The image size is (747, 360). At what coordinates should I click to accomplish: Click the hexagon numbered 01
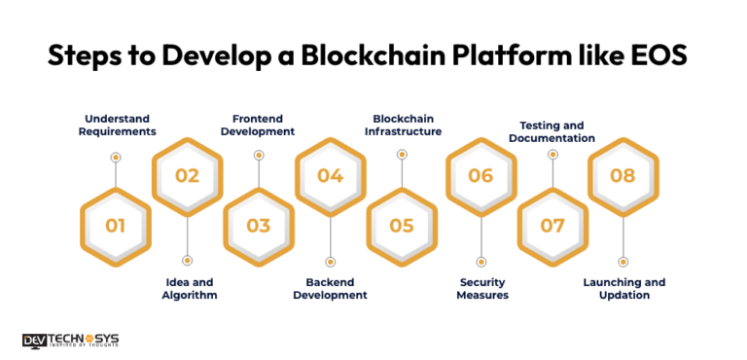[x=116, y=226]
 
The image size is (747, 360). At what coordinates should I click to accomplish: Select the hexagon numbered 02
[x=187, y=176]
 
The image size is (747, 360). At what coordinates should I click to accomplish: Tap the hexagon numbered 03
[x=259, y=226]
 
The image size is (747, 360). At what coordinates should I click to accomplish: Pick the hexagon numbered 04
[x=330, y=176]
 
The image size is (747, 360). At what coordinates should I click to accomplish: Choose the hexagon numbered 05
[x=402, y=226]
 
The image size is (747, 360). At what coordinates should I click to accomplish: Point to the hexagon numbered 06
[x=480, y=176]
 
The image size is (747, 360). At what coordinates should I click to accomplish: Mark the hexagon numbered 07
[x=552, y=226]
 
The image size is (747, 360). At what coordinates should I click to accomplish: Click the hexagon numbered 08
[x=623, y=176]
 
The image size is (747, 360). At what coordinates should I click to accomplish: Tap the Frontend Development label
[x=259, y=125]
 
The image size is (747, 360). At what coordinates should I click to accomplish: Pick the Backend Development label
[x=331, y=288]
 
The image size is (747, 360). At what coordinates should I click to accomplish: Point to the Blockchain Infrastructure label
[x=402, y=125]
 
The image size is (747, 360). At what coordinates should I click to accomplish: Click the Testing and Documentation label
[x=551, y=131]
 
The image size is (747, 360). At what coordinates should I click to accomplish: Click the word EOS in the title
[x=654, y=55]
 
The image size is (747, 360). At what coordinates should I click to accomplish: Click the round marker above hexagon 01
[x=116, y=157]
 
